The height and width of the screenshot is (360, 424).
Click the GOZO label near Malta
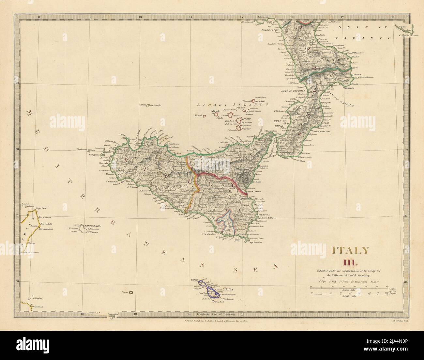pyautogui.click(x=195, y=280)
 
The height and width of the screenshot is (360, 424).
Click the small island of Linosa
pyautogui.click(x=124, y=292)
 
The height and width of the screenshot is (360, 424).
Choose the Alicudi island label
pyautogui.click(x=198, y=115)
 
